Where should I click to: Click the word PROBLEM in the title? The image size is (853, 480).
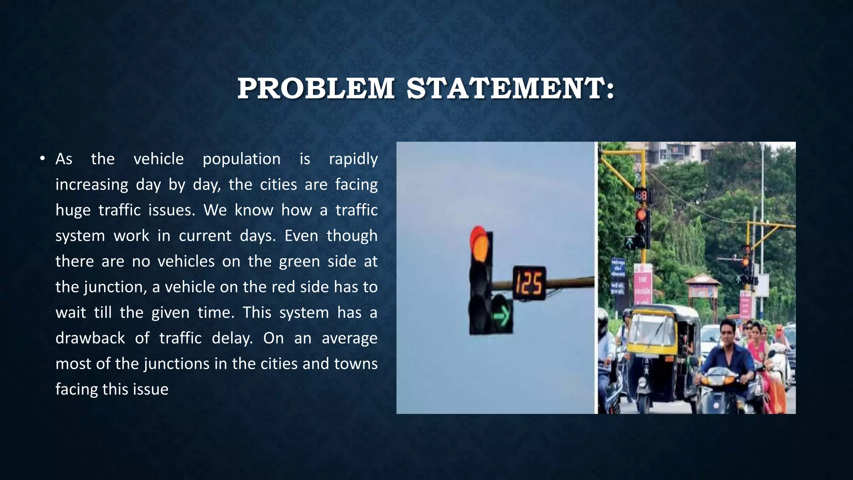click(316, 88)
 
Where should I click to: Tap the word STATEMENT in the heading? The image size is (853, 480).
click(510, 88)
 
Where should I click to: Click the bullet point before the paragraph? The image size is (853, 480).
click(42, 158)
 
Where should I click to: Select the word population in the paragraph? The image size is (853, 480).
click(242, 159)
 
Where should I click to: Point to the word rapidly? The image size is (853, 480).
click(353, 159)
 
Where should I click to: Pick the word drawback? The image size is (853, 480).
click(90, 338)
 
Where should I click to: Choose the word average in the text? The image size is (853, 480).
click(349, 338)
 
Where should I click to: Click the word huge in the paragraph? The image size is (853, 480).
click(73, 210)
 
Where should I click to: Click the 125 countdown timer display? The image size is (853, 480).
click(529, 283)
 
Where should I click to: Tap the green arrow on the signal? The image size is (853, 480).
click(502, 315)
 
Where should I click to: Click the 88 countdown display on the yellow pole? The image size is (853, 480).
click(641, 195)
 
